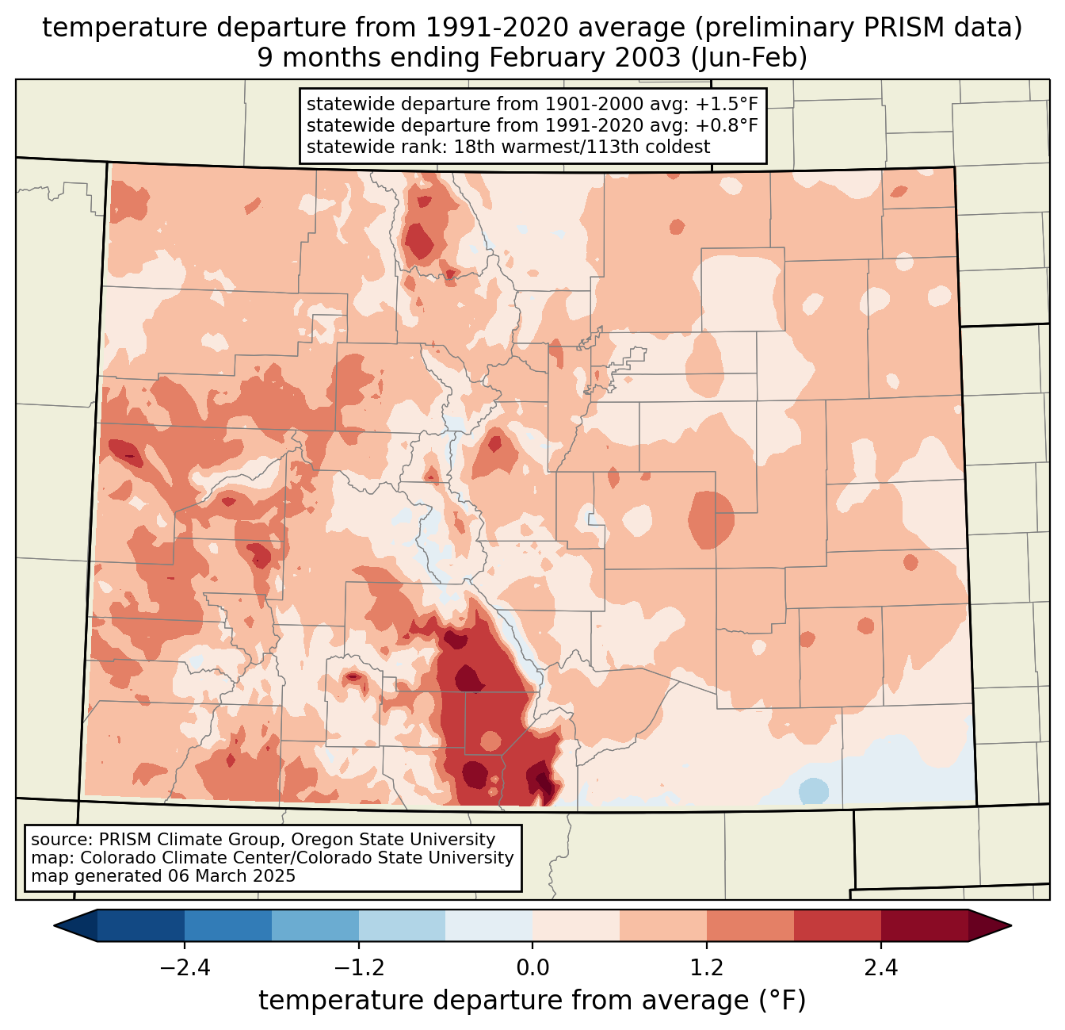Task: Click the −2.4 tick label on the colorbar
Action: (185, 968)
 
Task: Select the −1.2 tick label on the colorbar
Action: (358, 968)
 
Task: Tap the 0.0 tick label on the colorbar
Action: (532, 968)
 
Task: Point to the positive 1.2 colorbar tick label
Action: (707, 968)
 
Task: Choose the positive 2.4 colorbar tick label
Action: (880, 968)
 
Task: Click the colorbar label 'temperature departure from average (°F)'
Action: (532, 1001)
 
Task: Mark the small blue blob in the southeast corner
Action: (814, 791)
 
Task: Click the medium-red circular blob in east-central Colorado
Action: (711, 519)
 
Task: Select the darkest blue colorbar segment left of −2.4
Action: (141, 925)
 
